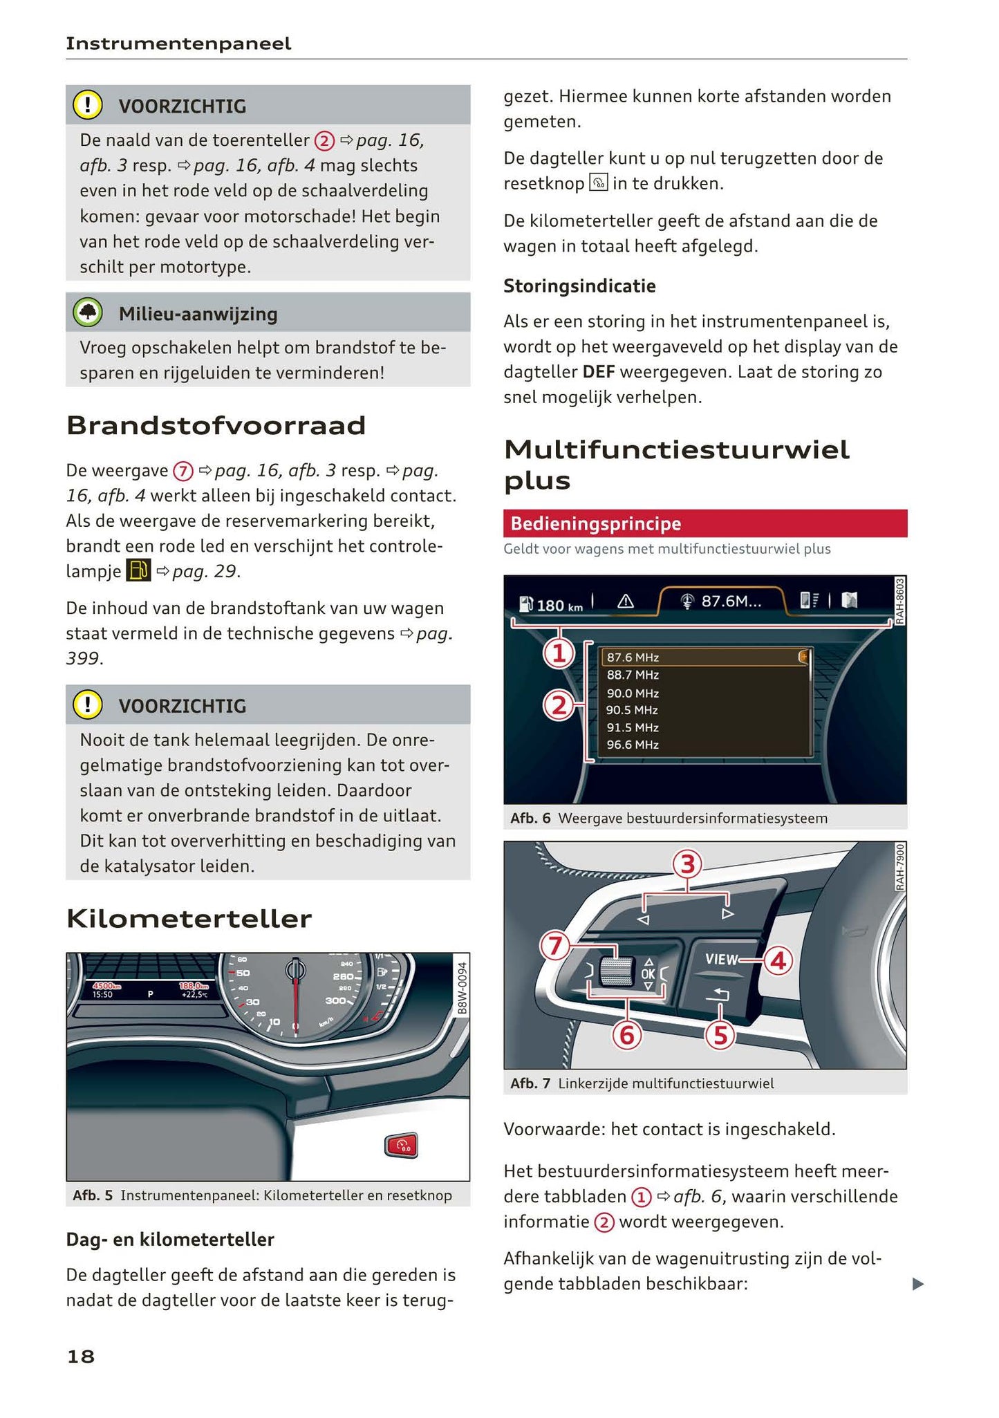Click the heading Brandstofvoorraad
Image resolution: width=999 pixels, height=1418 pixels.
pos(216,425)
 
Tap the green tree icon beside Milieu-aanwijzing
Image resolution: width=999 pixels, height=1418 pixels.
pos(88,312)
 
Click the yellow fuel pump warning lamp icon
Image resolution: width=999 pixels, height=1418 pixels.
pos(138,570)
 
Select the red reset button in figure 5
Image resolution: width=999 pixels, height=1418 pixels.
pos(402,1146)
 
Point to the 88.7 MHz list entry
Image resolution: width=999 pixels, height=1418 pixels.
pos(633,675)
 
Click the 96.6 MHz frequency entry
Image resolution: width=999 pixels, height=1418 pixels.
pos(633,745)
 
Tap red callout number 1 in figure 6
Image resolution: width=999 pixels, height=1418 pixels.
pos(559,653)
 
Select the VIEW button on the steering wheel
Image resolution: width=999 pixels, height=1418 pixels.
pos(721,959)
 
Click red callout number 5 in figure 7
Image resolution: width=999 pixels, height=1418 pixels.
pos(720,1036)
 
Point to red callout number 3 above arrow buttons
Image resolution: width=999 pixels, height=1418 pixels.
pos(687,864)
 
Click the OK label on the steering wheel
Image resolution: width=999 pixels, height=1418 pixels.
pos(648,973)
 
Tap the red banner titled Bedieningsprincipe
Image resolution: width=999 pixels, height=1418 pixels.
pos(704,523)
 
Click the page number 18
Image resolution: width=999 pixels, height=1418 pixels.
pos(81,1356)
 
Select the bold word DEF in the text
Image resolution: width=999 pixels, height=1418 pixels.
pos(598,372)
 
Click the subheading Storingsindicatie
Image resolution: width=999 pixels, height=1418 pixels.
pos(579,286)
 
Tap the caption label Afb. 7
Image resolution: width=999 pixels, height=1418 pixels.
pos(530,1083)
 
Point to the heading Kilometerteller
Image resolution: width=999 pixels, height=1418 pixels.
pos(189,919)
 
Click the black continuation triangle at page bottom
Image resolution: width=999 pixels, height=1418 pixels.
pos(917,1284)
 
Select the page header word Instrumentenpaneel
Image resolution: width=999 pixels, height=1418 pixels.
pos(178,44)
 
